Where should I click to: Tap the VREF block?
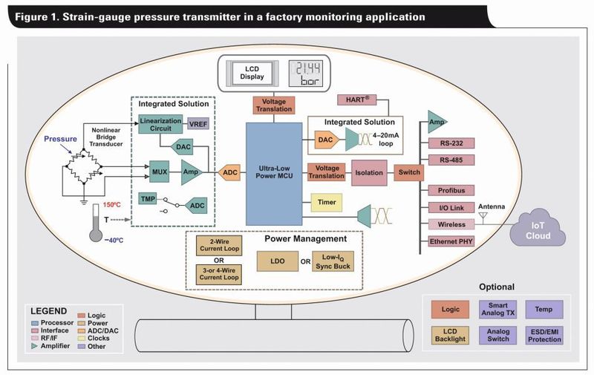[x=198, y=124]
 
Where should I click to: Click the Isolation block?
[x=368, y=172]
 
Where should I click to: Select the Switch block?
[x=408, y=172]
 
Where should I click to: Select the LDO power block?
[x=278, y=261]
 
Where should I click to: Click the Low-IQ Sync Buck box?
[x=332, y=261]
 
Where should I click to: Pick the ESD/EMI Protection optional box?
[x=544, y=335]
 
